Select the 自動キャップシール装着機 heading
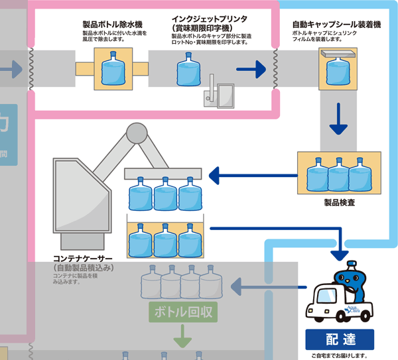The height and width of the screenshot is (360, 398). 336,24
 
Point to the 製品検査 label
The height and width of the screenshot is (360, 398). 339,202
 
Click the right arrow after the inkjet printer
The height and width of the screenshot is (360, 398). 246,68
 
